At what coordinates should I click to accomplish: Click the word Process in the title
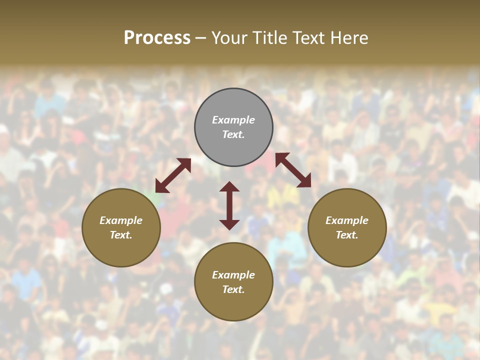point(157,38)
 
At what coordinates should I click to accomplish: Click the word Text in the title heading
point(308,38)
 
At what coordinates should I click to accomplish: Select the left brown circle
point(121,250)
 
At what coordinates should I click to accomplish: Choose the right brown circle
point(347,250)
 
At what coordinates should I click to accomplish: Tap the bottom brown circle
point(233,305)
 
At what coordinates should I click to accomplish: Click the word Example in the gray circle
point(233,120)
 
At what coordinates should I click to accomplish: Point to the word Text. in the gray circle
point(233,134)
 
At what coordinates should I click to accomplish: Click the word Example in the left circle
point(121,220)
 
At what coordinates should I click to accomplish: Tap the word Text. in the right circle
point(347,235)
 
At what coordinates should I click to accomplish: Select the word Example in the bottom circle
point(233,275)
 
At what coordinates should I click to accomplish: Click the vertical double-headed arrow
point(229,205)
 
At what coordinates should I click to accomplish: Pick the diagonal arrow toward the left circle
point(173,175)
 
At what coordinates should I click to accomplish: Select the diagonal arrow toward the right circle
point(293,170)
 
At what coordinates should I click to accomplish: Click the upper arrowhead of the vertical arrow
point(229,186)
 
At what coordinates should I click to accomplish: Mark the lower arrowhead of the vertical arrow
point(229,224)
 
